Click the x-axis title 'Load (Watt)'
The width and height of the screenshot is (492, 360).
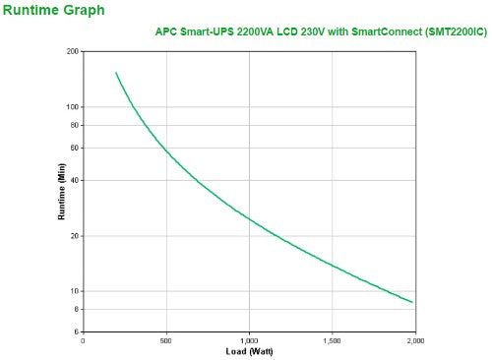tap(249, 351)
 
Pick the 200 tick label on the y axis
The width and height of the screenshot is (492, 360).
tap(72, 51)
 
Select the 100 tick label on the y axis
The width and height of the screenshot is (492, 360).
tap(72, 106)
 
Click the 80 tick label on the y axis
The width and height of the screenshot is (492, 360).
tap(74, 125)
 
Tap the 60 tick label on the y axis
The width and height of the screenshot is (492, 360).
tap(74, 148)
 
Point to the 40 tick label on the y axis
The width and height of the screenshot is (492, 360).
tap(74, 180)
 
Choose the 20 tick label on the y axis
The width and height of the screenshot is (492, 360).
tap(74, 236)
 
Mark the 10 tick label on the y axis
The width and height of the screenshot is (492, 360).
tap(74, 291)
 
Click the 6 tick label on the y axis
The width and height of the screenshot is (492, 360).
tap(77, 331)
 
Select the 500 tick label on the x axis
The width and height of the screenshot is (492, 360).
tap(165, 340)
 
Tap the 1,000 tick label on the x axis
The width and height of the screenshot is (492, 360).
tap(249, 340)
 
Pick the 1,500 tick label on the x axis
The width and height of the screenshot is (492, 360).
tap(333, 340)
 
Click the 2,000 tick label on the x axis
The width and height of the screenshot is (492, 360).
tap(415, 340)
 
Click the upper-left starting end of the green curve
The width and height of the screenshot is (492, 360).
tap(116, 73)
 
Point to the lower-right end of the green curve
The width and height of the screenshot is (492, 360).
tap(412, 302)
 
